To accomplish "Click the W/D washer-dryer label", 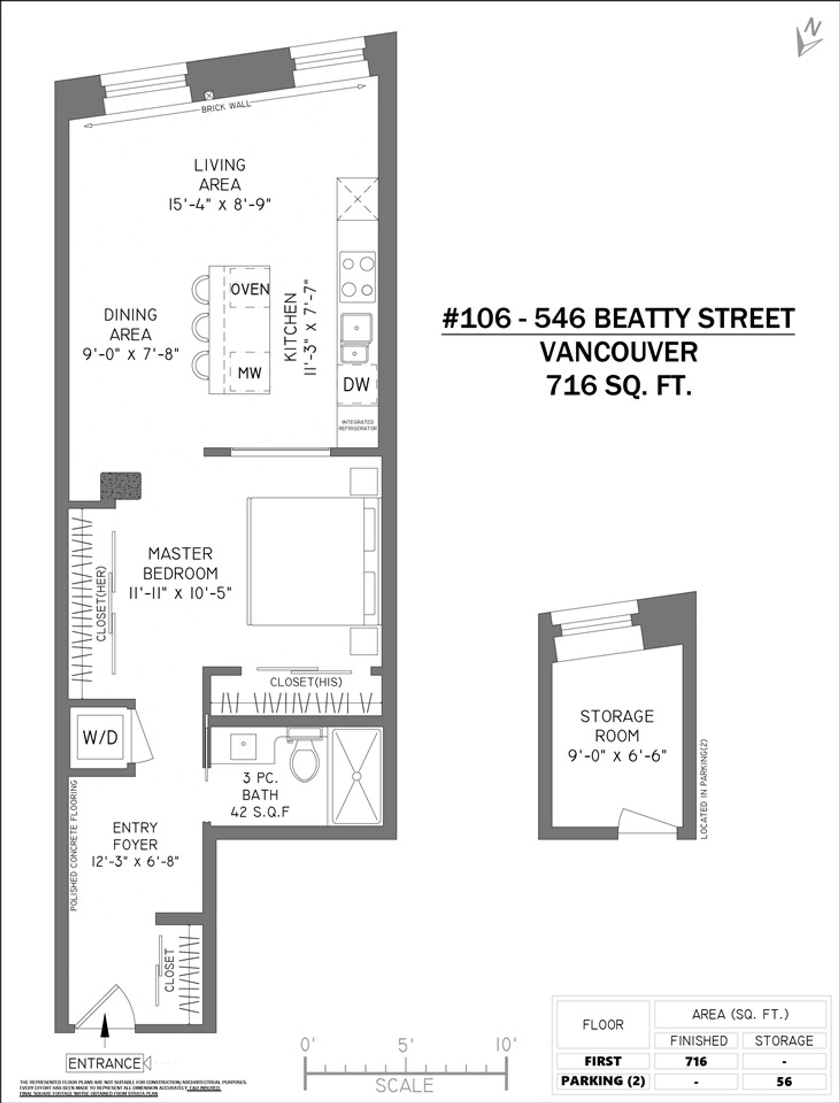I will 101,738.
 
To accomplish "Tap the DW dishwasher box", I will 357,384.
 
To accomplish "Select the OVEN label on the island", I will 249,289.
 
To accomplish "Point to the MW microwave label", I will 249,372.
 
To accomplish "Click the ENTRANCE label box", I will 105,1063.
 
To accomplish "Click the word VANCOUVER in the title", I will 619,352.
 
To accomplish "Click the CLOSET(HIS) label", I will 305,682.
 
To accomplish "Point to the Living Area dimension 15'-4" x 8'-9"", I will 220,204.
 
